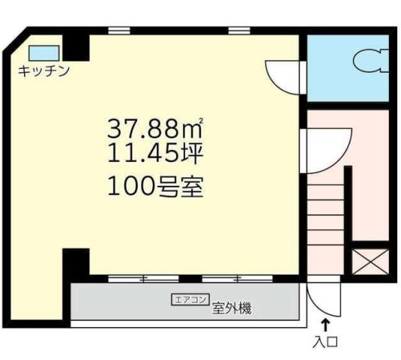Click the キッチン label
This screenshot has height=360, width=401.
click(x=45, y=71)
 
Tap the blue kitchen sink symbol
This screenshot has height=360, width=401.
click(x=43, y=52)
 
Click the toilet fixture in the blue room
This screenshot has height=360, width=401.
click(x=370, y=60)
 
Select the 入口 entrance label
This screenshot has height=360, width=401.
click(x=327, y=343)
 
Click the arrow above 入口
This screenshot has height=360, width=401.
click(x=326, y=325)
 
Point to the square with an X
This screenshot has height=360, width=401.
click(x=370, y=261)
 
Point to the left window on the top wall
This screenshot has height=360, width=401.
click(x=118, y=31)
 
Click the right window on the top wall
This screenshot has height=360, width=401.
click(x=238, y=31)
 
